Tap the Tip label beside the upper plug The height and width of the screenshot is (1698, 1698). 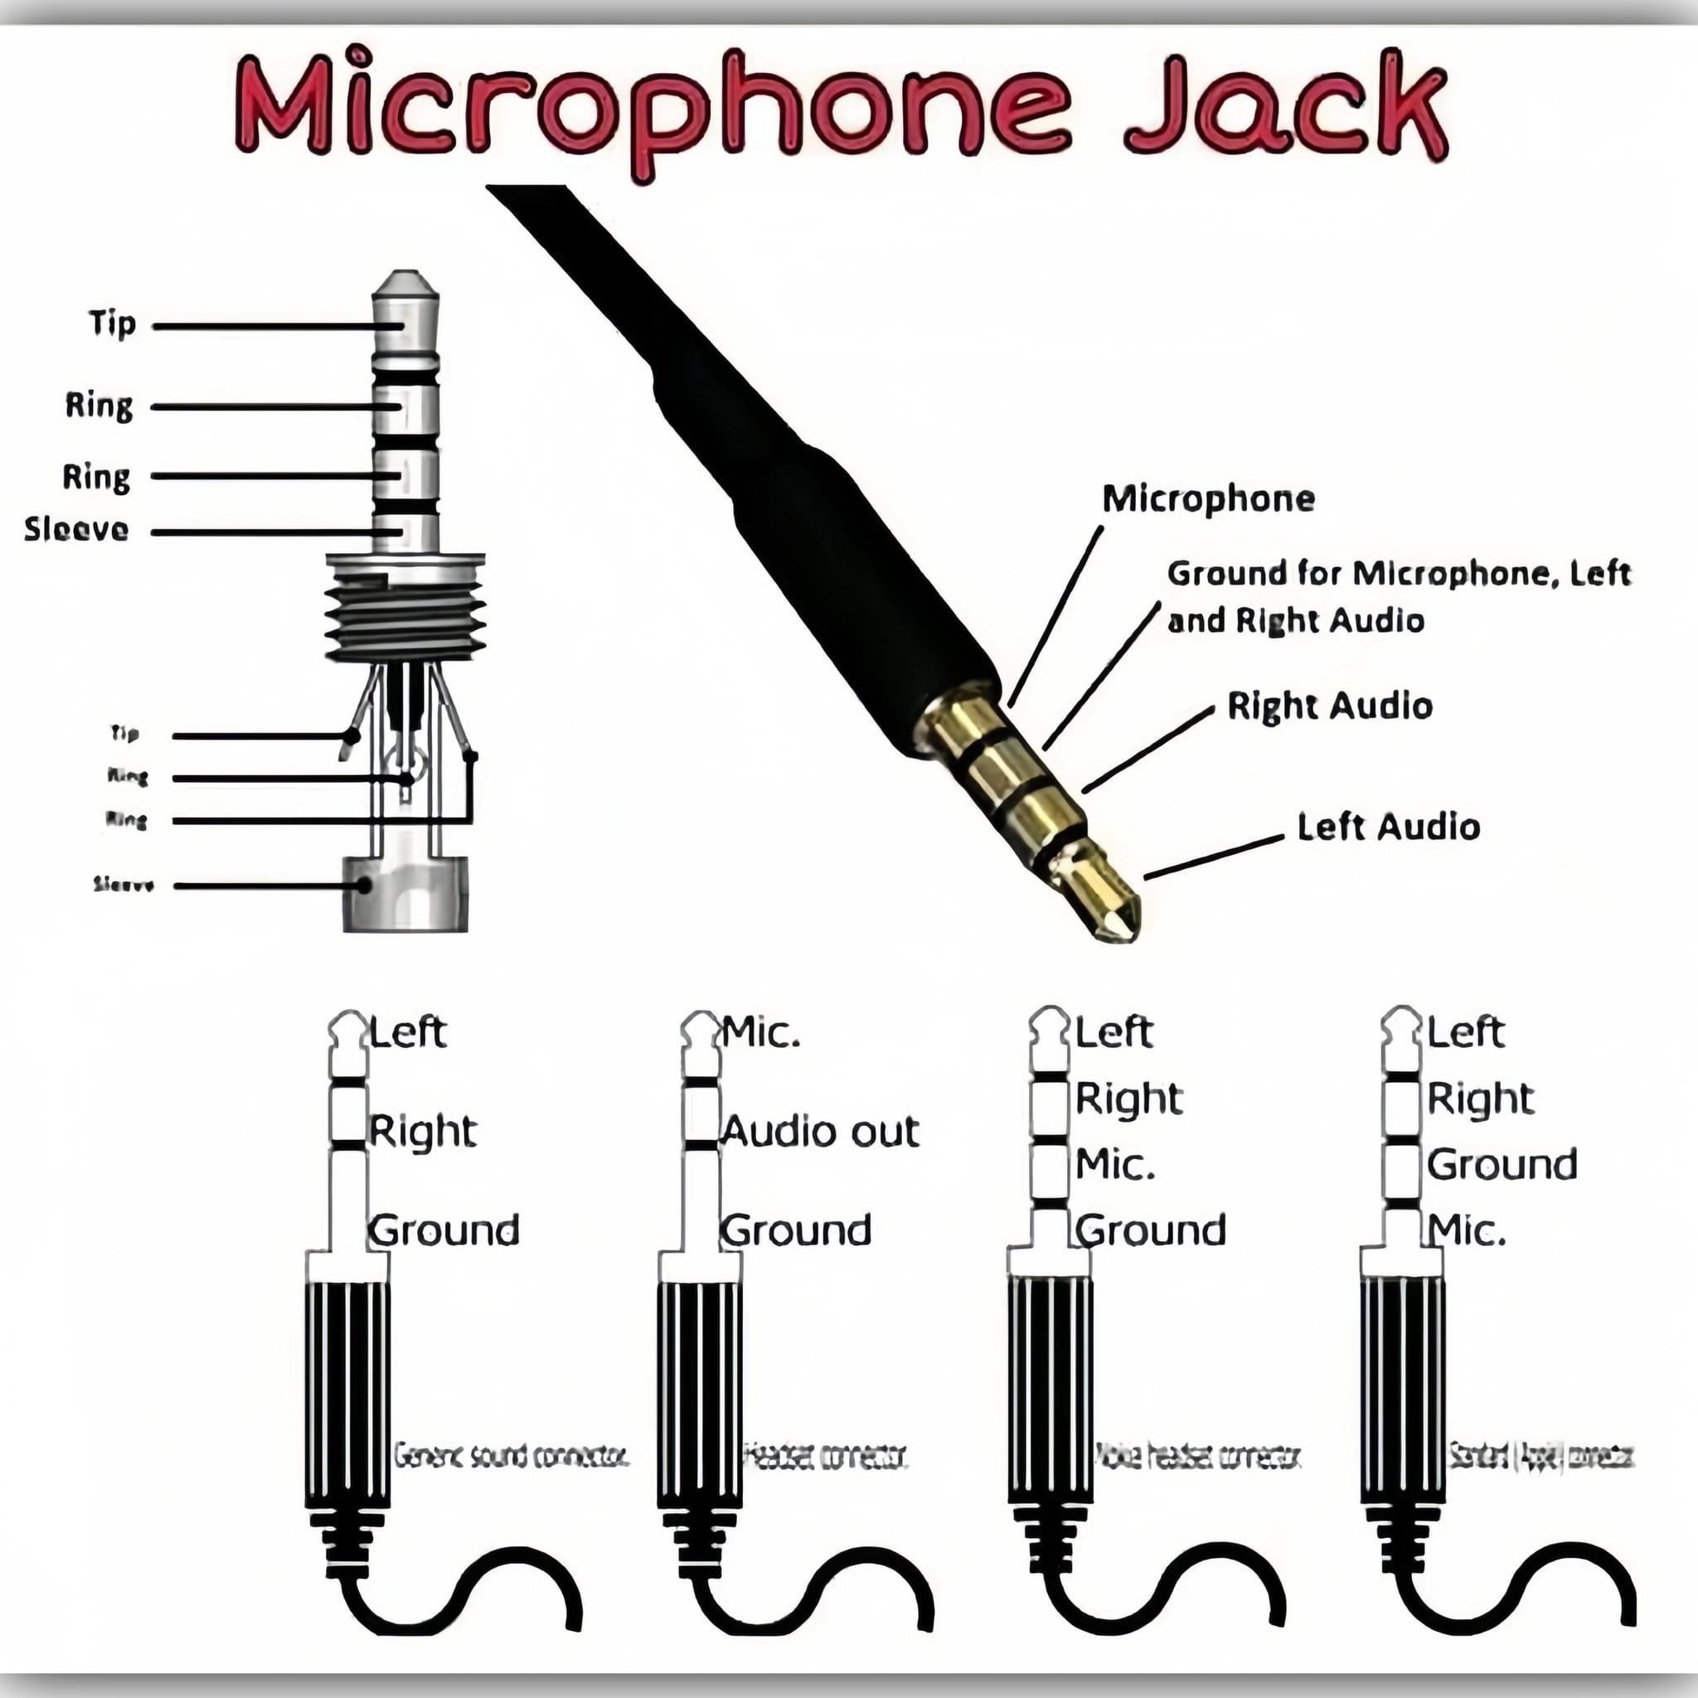(x=113, y=323)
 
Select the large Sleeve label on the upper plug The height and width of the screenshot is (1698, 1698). (x=76, y=529)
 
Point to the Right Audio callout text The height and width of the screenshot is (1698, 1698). (x=1329, y=706)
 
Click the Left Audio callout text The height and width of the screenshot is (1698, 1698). (x=1389, y=827)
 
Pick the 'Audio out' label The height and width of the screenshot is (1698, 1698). (x=820, y=1131)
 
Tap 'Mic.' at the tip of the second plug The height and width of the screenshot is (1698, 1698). (x=761, y=1033)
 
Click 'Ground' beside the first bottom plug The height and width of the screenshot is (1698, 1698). (x=444, y=1230)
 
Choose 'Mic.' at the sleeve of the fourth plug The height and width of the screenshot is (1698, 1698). (x=1466, y=1230)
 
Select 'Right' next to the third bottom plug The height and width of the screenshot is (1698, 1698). (x=1128, y=1099)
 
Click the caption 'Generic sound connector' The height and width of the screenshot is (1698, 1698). (x=511, y=1456)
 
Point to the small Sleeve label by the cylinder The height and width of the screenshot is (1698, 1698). (x=124, y=885)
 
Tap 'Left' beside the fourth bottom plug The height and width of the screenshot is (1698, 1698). (x=1465, y=1031)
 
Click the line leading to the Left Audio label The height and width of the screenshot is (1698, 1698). (x=1213, y=858)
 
